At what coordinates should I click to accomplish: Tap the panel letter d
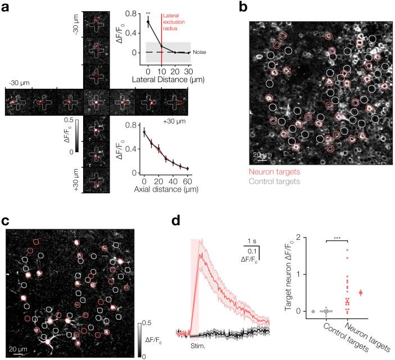pos(175,221)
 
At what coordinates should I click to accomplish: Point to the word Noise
pos(199,52)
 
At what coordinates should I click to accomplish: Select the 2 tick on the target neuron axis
pos(301,238)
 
